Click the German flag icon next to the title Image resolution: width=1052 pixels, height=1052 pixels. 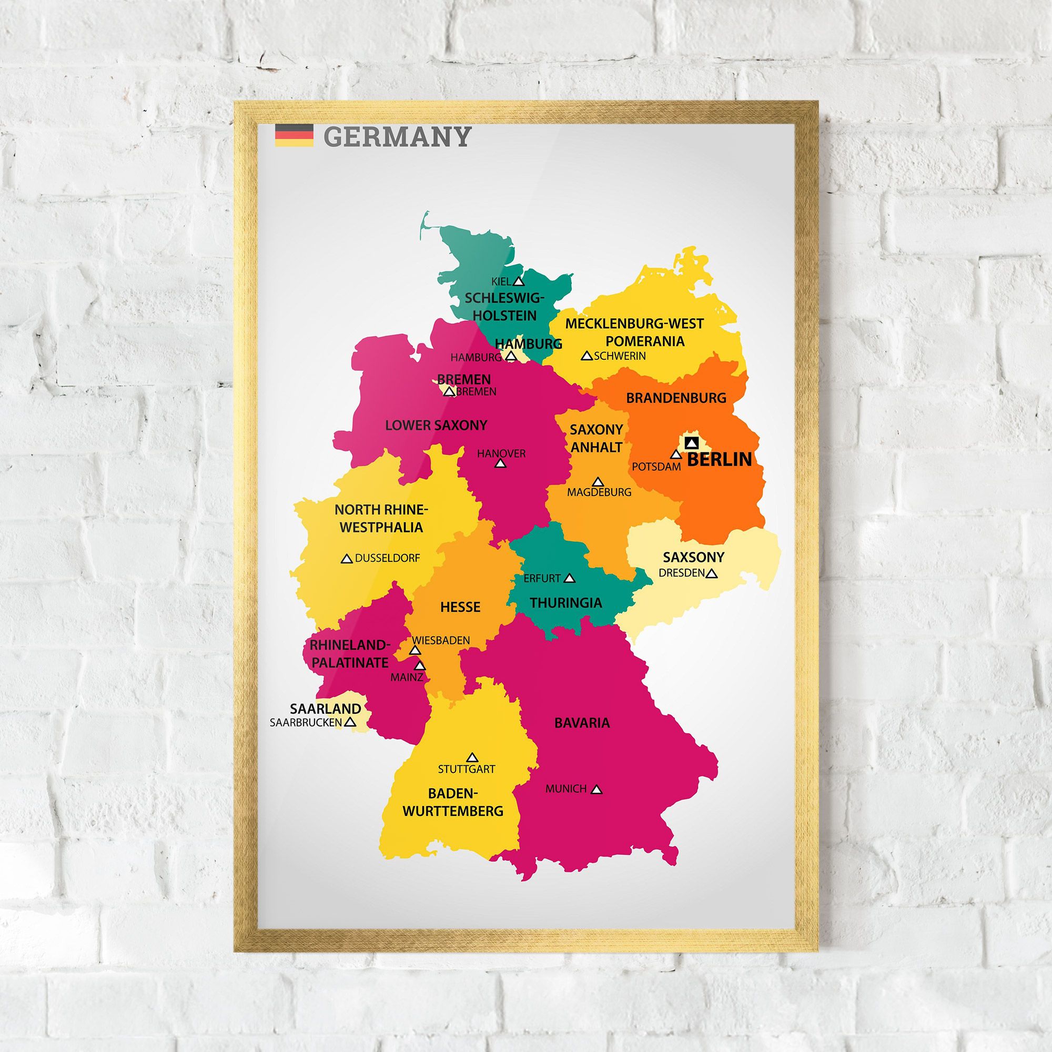point(294,135)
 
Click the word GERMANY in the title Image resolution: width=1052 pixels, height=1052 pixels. point(397,137)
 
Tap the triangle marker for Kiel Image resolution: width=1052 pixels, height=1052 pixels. point(519,281)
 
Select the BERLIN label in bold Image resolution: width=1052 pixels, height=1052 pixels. point(719,459)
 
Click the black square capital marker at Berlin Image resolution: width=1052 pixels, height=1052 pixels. point(692,442)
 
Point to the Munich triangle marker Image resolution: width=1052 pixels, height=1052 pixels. point(597,789)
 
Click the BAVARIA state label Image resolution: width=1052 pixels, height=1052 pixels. point(582,723)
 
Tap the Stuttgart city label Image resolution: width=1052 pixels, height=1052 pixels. point(467,770)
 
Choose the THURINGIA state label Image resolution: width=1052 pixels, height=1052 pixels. point(566,603)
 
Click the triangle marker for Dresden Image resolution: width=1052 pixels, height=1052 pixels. point(711,573)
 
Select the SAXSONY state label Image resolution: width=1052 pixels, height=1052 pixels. point(693,557)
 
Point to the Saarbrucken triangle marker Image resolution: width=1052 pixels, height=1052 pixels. point(350,722)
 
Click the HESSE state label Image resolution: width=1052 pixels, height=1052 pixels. point(460,606)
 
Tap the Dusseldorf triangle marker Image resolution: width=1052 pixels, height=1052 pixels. point(346,559)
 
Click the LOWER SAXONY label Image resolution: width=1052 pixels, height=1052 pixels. point(436,425)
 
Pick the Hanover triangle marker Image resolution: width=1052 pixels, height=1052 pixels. point(500,464)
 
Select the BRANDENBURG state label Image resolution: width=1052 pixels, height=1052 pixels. point(676,398)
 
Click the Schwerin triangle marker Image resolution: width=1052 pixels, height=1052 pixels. point(586,356)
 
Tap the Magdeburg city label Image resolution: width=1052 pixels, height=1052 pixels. point(599,492)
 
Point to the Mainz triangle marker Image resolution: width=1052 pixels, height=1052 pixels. point(420,665)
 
